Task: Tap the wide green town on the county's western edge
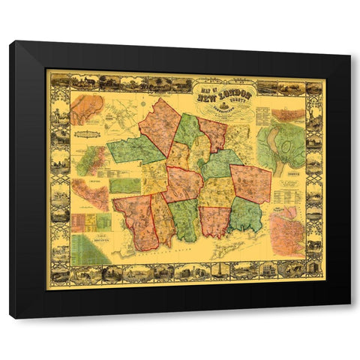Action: [135, 150]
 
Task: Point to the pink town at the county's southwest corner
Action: [135, 221]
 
